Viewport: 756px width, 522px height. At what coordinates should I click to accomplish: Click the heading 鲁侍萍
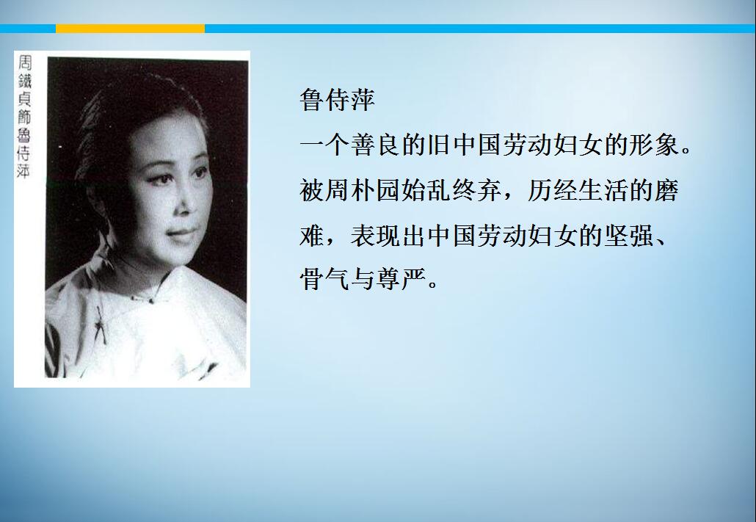[337, 100]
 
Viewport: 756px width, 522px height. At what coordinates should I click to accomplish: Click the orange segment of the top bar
[130, 29]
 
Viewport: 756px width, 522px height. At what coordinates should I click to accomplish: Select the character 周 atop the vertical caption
[25, 62]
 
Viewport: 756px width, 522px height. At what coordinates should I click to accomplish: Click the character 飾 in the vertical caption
[25, 117]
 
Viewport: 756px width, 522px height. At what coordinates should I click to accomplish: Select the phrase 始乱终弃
[451, 190]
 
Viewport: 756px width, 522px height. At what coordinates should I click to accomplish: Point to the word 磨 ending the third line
[666, 190]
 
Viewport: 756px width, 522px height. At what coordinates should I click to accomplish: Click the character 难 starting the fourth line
[312, 236]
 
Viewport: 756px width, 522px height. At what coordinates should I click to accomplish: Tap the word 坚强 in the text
[629, 236]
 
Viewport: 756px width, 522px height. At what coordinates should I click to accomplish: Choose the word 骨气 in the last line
[324, 279]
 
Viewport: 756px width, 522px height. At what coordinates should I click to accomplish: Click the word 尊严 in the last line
[400, 279]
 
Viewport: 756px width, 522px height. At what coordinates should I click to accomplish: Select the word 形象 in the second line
[654, 145]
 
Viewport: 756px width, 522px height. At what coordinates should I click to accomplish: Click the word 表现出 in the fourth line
[388, 236]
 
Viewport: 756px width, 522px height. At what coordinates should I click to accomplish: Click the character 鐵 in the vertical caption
[25, 81]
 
